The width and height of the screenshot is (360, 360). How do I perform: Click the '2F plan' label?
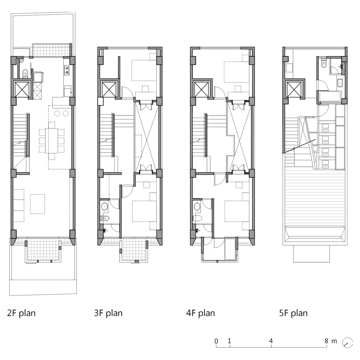point(21,313)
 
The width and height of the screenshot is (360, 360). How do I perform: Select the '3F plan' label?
point(108,313)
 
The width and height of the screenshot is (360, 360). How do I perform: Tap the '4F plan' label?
point(201,313)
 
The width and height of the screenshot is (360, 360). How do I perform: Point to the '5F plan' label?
point(293,313)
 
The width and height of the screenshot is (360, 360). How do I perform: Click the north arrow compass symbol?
point(347,342)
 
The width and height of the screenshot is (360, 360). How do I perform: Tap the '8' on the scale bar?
point(327,341)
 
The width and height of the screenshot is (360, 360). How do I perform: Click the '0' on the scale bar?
point(216,341)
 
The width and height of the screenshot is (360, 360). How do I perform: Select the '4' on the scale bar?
point(271,341)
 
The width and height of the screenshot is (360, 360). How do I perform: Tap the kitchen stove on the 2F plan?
point(67,71)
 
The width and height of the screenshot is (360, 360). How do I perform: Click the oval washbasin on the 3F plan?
point(104,207)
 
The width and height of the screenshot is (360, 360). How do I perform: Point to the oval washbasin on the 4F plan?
point(197,207)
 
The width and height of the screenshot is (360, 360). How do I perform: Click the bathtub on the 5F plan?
point(329,96)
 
